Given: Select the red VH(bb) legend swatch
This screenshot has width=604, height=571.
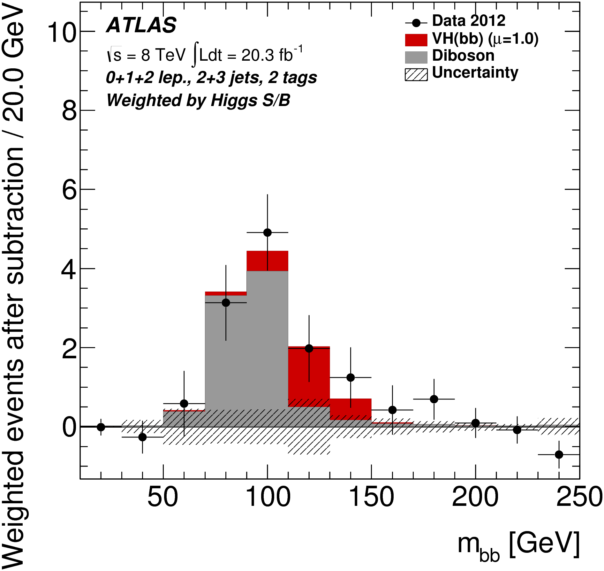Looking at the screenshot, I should coord(416,40).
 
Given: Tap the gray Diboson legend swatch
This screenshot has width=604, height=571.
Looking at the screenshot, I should coord(416,57).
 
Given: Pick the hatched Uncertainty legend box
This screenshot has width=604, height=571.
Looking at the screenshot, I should coord(416,75).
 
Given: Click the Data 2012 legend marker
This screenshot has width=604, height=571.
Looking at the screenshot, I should coord(416,23).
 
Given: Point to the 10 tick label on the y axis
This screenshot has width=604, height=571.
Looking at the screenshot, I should coord(62,33).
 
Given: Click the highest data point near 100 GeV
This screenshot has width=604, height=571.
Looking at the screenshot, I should coord(268,232).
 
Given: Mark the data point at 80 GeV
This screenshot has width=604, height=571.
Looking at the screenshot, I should coord(226,302).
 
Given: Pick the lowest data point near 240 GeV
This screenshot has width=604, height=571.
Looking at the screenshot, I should coord(559,454).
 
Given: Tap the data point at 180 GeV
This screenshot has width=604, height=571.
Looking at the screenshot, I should coord(434,399).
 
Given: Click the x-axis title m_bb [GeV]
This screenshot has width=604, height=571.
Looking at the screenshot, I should coord(518,544).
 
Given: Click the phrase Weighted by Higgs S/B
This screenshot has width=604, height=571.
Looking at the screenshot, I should coord(198,100).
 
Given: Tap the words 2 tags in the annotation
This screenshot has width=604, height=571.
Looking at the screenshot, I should coord(292,78).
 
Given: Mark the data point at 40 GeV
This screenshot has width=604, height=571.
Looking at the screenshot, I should coord(142,437).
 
